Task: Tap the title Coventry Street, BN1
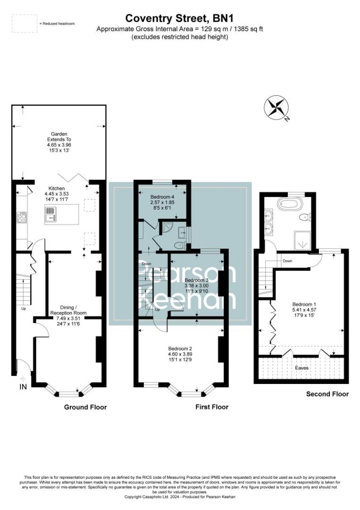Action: tap(179, 18)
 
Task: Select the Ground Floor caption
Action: tap(85, 407)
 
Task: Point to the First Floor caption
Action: tap(211, 407)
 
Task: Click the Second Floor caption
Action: tap(327, 394)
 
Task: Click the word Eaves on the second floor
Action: tap(302, 368)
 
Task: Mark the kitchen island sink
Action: tap(50, 218)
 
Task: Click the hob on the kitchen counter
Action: tap(22, 218)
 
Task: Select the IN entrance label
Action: tap(23, 387)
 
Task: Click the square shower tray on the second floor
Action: tap(302, 240)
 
